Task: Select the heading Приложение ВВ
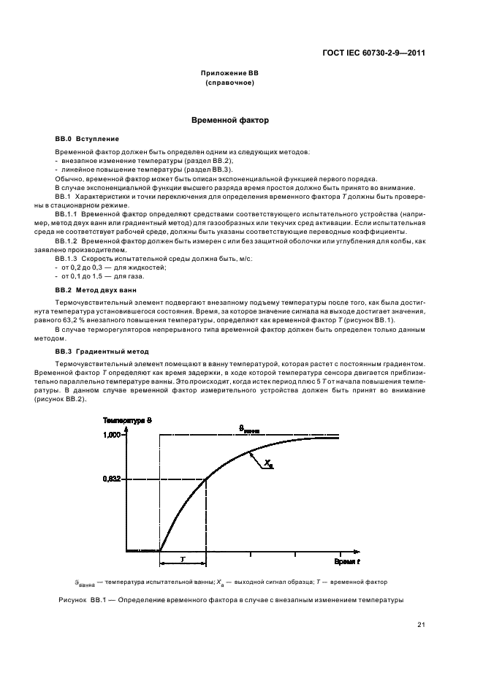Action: point(229,75)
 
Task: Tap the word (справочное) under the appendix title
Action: point(229,83)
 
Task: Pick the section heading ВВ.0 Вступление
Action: point(87,138)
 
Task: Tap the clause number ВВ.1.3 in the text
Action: point(68,259)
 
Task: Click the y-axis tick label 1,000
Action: point(111,436)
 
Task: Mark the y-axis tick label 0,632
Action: point(111,479)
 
